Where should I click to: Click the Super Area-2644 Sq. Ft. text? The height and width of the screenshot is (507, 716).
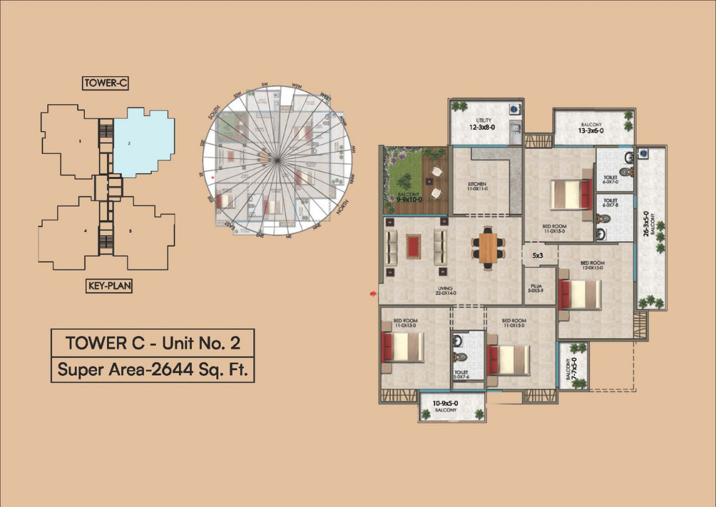(x=153, y=369)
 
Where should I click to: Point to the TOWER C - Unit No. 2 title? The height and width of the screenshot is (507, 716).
(x=153, y=342)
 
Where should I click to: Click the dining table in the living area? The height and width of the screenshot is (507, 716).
(x=489, y=248)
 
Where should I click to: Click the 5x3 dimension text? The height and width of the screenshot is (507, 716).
(x=538, y=255)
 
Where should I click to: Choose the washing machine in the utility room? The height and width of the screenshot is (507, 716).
(x=513, y=109)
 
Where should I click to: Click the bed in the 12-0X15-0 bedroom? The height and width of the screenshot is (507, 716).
(x=581, y=295)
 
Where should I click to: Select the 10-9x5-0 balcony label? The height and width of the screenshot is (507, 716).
(x=446, y=406)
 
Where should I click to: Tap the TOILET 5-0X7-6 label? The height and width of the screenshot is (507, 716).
(x=461, y=375)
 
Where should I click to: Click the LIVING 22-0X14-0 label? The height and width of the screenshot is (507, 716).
(x=446, y=291)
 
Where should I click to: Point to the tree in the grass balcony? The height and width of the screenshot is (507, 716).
(x=405, y=181)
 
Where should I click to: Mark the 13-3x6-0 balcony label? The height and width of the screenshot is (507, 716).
(x=590, y=128)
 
